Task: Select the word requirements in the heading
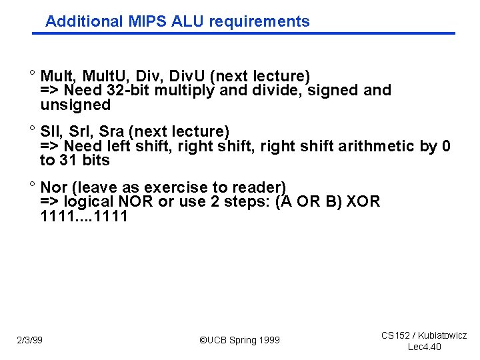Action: tap(259, 21)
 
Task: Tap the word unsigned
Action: tap(75, 105)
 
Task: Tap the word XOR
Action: tap(361, 202)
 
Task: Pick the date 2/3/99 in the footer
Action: tap(30, 341)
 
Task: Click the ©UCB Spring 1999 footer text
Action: tap(240, 341)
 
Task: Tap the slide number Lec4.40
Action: tap(424, 347)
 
